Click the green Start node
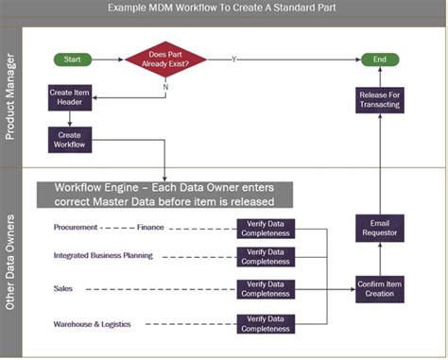click(71, 60)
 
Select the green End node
click(381, 60)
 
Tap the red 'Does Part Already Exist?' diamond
click(165, 60)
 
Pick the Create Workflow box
click(68, 140)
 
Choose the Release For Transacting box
click(381, 100)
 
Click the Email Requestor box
click(381, 228)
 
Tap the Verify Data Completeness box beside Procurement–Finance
click(265, 228)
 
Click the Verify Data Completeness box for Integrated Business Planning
click(265, 256)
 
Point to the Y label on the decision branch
click(233, 59)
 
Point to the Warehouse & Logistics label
click(93, 325)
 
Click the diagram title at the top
click(224, 9)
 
